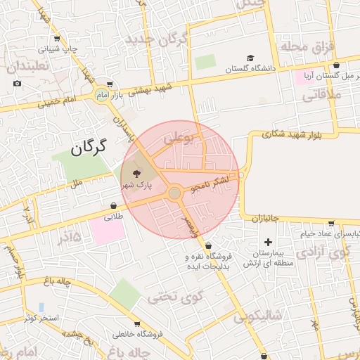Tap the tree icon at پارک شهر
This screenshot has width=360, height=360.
(136, 173)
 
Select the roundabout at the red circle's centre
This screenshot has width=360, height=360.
(175, 193)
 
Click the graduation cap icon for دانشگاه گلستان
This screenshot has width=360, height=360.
(251, 58)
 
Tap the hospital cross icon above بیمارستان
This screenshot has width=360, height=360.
(268, 242)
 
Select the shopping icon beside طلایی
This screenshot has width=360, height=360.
(114, 206)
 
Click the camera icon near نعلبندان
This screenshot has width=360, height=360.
(18, 83)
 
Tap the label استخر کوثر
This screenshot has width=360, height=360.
(43, 318)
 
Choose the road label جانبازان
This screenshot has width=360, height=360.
(266, 218)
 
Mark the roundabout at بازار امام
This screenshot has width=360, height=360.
(103, 94)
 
